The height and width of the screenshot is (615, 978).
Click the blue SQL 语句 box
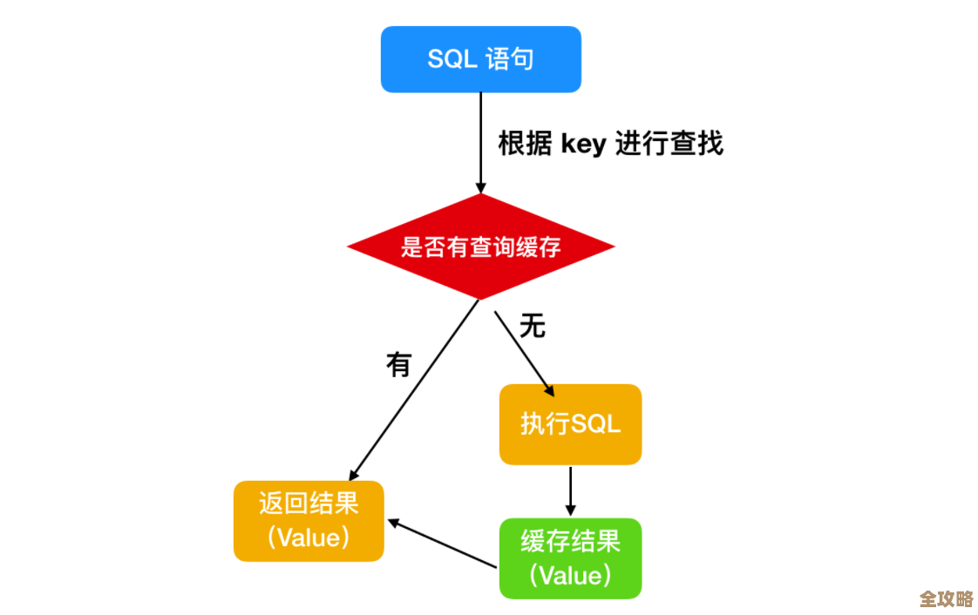click(x=480, y=59)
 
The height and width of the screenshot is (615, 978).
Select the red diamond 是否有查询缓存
click(x=480, y=247)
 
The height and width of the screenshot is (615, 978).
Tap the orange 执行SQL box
click(x=570, y=424)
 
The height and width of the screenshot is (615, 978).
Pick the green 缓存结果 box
click(x=570, y=558)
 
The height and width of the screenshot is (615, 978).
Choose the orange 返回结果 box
click(x=309, y=521)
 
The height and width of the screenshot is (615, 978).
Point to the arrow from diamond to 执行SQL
click(x=524, y=348)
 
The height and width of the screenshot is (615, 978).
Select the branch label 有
click(x=398, y=364)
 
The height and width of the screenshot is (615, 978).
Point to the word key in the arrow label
click(x=583, y=144)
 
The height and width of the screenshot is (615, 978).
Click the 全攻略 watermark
click(x=946, y=598)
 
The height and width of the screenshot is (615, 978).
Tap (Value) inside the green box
click(x=570, y=576)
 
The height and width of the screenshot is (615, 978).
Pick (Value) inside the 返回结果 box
click(x=309, y=537)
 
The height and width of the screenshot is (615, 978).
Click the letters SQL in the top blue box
click(x=452, y=59)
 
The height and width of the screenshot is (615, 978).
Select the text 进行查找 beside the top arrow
click(x=669, y=144)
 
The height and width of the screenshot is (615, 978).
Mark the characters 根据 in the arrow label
click(x=525, y=144)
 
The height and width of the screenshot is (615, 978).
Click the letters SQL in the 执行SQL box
click(x=595, y=424)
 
